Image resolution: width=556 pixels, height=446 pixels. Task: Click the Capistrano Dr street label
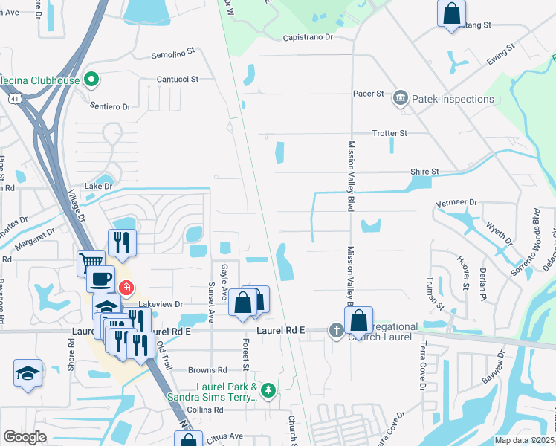point(308,36)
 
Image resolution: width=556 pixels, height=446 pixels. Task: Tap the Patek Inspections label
point(452,99)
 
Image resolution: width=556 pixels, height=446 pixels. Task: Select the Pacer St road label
point(368,94)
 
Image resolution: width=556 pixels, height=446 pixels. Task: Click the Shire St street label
point(424,172)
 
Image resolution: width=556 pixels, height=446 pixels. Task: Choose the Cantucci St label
point(177,79)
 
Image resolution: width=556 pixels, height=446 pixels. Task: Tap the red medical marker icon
point(127,287)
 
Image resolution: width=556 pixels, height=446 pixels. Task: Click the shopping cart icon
point(89,261)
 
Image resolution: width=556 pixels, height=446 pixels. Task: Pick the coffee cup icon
point(101,279)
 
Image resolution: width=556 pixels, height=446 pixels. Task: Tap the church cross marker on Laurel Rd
point(336,329)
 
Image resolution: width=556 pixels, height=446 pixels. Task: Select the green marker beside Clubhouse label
point(91,77)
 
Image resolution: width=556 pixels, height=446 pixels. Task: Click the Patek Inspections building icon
point(401,98)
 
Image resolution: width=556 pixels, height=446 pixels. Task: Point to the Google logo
point(25,437)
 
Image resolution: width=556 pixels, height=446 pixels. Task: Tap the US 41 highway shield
point(14,98)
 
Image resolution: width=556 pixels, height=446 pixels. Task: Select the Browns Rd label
point(207,370)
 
